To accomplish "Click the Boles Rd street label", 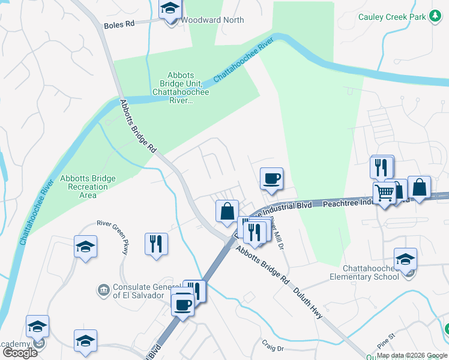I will (x=119, y=25).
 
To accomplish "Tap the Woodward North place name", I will (x=212, y=20).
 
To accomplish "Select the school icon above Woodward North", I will (x=170, y=9).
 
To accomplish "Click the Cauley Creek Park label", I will (x=391, y=17).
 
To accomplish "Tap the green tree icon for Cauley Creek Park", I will (x=435, y=17).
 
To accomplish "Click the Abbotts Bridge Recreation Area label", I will (x=88, y=187).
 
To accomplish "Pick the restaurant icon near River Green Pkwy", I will (x=156, y=244).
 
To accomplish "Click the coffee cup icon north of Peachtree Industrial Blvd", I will (x=271, y=178).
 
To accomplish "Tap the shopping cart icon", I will (x=384, y=193).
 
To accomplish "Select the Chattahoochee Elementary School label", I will (x=364, y=272).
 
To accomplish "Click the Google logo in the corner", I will (x=20, y=352).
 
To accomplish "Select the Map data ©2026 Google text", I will (x=412, y=355).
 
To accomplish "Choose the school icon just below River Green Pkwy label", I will (x=85, y=246).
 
